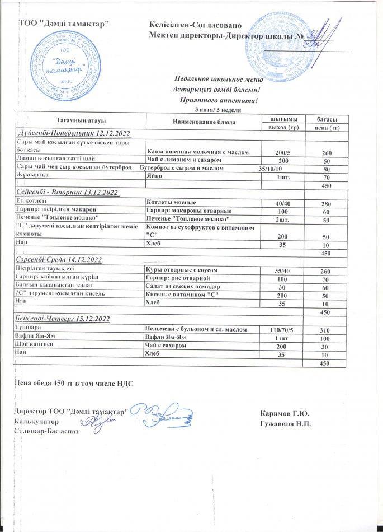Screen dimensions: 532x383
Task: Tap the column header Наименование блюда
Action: point(203,121)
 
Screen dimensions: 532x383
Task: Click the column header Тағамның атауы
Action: point(81,120)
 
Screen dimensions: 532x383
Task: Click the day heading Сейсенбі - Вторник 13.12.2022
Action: point(67,193)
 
